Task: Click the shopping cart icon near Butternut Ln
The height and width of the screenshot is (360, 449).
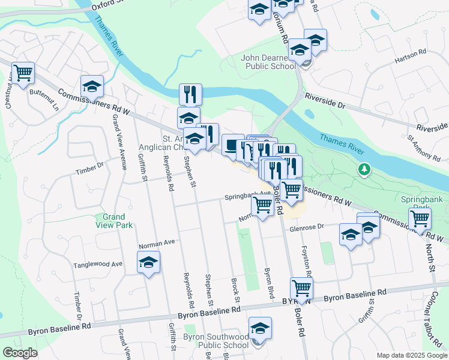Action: point(23,74)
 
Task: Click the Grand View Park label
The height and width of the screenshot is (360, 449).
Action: point(113,221)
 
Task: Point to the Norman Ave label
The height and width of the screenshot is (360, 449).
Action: point(156,243)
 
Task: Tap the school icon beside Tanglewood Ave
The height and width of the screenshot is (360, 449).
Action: point(149,262)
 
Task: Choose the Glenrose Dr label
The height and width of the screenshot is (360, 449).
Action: point(307,227)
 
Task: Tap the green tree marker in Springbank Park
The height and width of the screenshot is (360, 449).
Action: point(363,170)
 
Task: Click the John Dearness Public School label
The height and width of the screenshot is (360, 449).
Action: point(269,62)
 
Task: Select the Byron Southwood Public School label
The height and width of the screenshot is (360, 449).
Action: point(216,341)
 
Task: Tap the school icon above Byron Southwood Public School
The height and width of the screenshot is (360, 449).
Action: point(260,328)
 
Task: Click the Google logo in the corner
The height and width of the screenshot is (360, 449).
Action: point(20,353)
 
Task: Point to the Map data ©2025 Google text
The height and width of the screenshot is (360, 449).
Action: point(411,355)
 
